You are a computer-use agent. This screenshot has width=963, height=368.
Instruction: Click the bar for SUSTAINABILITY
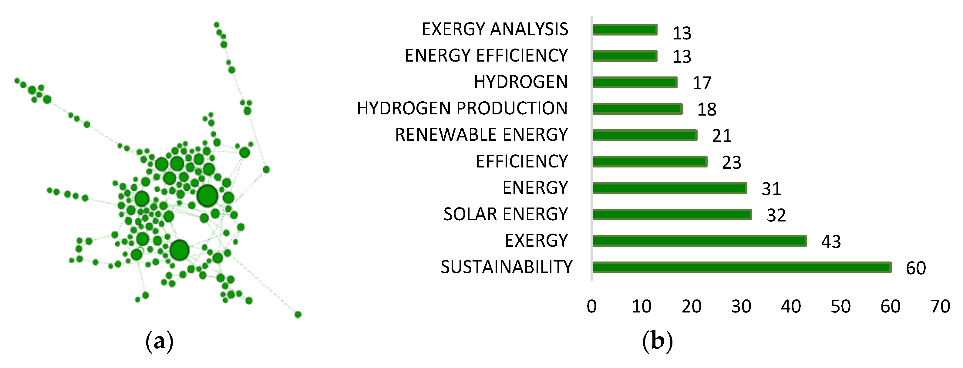[x=742, y=267]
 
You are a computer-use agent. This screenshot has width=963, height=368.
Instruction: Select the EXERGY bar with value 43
[x=699, y=241]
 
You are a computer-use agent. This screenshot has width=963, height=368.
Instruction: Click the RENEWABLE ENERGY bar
[x=645, y=135]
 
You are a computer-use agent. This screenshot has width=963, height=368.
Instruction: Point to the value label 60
[x=915, y=268]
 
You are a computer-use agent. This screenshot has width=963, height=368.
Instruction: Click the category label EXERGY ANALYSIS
[x=495, y=29]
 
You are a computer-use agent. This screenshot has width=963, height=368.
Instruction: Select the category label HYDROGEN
[x=521, y=82]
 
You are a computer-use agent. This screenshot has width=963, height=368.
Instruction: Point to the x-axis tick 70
[x=940, y=307]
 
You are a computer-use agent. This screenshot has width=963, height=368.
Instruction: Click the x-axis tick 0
[x=591, y=307]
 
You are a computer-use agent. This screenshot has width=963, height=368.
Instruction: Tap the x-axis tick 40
[x=791, y=307]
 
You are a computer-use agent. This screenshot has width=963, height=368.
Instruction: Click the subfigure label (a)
[x=159, y=341]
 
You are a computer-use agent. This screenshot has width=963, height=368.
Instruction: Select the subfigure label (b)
[x=657, y=341]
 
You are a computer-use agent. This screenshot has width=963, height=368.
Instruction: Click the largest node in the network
[x=207, y=196]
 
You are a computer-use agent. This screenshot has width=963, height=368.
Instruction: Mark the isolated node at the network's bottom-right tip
[x=298, y=315]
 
